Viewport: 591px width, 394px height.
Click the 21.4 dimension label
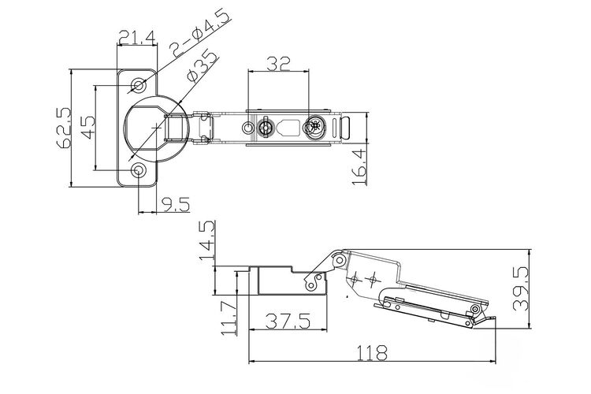(137, 37)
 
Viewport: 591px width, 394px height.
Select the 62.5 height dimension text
(63, 128)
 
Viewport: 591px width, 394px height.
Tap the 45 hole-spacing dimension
(87, 128)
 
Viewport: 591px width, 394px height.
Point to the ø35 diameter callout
(202, 66)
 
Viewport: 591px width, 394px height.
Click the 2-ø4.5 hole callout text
(200, 34)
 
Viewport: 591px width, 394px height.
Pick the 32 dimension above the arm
(278, 64)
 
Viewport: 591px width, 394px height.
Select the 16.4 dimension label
(359, 166)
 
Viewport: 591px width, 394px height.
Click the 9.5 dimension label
(176, 205)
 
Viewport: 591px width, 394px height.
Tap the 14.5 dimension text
(207, 240)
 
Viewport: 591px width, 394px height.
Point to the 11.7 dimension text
(229, 318)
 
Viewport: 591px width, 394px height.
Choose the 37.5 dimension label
(288, 321)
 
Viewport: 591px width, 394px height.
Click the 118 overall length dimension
(372, 353)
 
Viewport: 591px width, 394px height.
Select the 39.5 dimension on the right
(521, 288)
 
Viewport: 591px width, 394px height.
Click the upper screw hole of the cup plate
(139, 86)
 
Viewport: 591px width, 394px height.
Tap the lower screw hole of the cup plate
(139, 170)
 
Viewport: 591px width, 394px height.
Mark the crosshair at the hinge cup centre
(156, 128)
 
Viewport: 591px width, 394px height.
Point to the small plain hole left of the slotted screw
(247, 128)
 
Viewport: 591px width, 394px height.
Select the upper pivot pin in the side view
(340, 260)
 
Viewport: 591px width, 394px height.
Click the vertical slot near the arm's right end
(335, 128)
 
